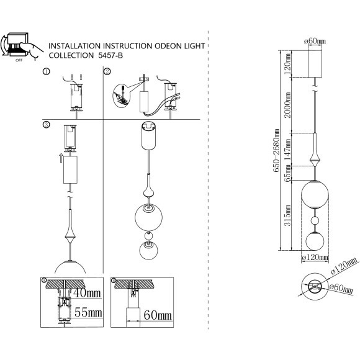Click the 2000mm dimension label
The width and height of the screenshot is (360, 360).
click(x=287, y=105)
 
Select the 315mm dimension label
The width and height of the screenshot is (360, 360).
click(x=287, y=215)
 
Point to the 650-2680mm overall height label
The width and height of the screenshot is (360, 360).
click(x=276, y=150)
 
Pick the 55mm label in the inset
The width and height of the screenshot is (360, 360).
click(x=88, y=312)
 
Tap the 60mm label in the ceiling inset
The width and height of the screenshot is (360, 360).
click(x=158, y=315)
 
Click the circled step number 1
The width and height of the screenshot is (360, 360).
click(x=46, y=71)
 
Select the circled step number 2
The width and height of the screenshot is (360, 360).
click(x=107, y=71)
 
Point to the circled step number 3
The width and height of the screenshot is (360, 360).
click(x=46, y=125)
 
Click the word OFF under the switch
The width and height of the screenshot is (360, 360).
click(x=19, y=60)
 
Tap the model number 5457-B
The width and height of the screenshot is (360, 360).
click(x=110, y=56)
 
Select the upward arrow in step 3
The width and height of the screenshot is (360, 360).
click(x=61, y=158)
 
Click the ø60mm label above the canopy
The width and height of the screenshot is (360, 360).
click(x=315, y=42)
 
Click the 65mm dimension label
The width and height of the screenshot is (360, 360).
click(x=287, y=174)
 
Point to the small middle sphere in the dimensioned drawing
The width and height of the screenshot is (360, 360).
click(x=315, y=221)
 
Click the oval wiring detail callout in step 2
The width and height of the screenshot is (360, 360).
click(x=121, y=96)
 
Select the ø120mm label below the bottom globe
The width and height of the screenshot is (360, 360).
click(x=315, y=258)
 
